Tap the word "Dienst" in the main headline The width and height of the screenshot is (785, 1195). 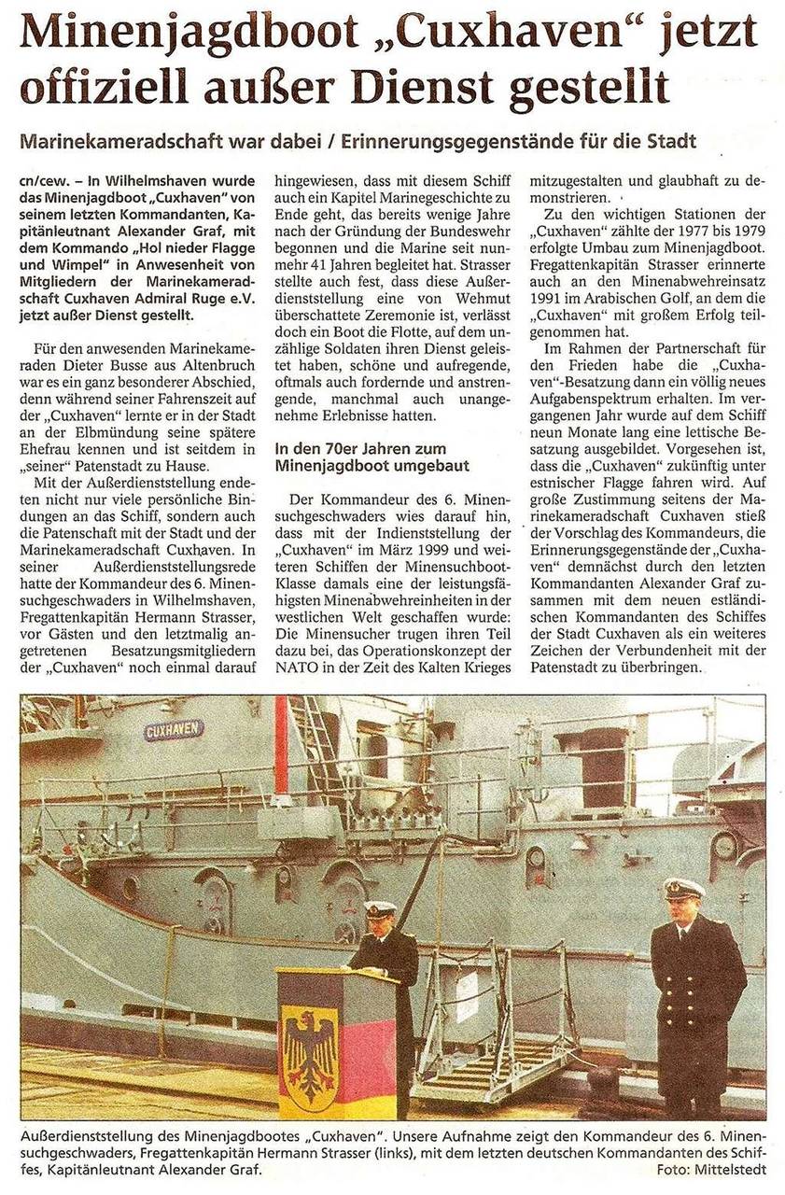pyautogui.click(x=436, y=89)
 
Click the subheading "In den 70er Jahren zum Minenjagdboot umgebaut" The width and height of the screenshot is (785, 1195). pyautogui.click(x=372, y=457)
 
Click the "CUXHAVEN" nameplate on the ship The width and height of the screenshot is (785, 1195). pyautogui.click(x=174, y=729)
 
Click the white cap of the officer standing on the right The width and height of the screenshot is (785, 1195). pyautogui.click(x=684, y=888)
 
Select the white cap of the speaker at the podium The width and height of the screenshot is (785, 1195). pyautogui.click(x=380, y=908)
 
